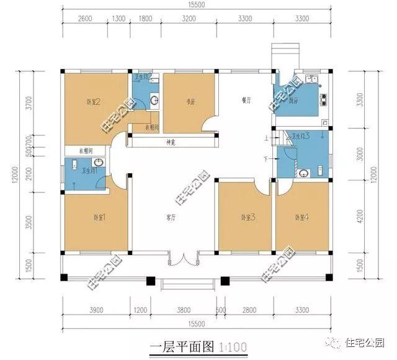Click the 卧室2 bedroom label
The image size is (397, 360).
pos(94,101)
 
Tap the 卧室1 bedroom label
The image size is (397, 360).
pos(100,217)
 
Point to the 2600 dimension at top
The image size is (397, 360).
pos(86,19)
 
